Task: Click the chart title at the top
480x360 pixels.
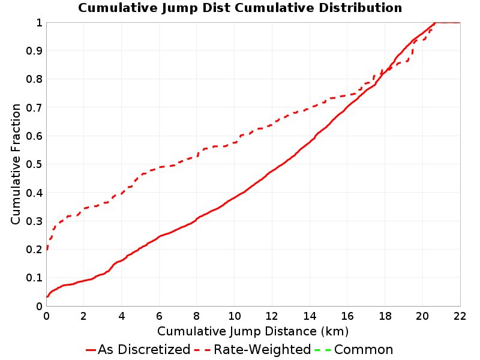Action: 240,8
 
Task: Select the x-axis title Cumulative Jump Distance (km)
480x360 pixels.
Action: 253,332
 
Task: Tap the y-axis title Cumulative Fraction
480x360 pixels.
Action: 16,164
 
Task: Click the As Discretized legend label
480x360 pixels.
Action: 144,350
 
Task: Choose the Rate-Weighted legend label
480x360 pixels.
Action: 262,350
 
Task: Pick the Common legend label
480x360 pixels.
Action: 364,350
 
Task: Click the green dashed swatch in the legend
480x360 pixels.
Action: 323,350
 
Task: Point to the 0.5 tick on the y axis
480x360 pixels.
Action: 34,164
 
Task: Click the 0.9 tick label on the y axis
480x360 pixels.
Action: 34,51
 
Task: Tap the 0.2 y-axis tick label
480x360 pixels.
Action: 34,250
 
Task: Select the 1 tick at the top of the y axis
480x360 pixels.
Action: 39,23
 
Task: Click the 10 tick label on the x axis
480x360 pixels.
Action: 234,316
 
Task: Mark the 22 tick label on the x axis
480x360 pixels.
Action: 460,316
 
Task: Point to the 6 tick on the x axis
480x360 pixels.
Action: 159,316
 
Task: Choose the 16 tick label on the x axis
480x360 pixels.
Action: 347,316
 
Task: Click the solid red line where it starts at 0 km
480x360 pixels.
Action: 47,296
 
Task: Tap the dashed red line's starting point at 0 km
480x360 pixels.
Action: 47,250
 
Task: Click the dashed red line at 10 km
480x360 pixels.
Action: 235,143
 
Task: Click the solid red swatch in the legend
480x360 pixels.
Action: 91,350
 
